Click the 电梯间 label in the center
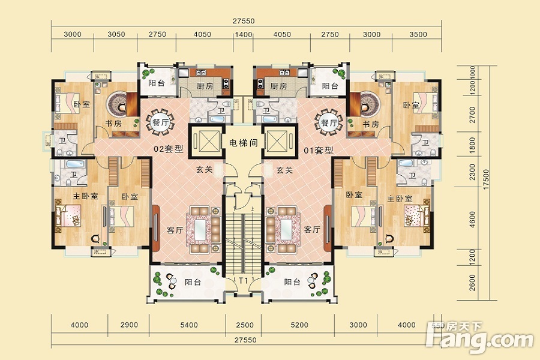coord(244,143)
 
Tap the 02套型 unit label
coord(169,149)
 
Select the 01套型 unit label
coord(319,151)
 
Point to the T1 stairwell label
coord(244,280)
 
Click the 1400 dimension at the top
coord(244,34)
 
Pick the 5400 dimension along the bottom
coord(189,325)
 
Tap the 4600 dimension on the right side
coord(472,220)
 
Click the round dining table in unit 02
coord(160,122)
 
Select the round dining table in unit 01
coord(329,122)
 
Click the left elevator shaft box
coord(206,141)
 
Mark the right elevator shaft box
coord(279,141)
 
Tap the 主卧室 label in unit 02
coord(85,196)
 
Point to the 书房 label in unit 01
coord(371,124)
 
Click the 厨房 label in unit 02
coord(205,86)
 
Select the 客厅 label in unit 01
coord(312,229)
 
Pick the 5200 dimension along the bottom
coord(299,325)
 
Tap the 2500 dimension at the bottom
coord(245,325)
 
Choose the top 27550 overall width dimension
coord(244,21)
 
